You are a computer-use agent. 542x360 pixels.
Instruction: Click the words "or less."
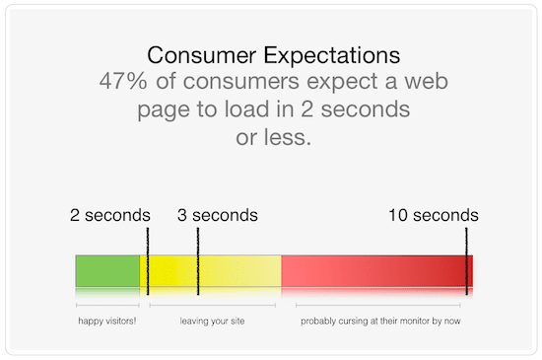[x=272, y=137]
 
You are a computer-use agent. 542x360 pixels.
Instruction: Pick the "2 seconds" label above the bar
[x=110, y=215]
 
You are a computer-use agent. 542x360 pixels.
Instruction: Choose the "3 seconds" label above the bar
[x=217, y=215]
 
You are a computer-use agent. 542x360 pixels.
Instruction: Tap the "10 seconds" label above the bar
[x=433, y=215]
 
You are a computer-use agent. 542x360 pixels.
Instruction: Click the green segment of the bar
[x=108, y=271]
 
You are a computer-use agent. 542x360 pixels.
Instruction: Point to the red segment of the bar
[x=374, y=271]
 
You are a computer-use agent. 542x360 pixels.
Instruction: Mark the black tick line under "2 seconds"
[x=148, y=261]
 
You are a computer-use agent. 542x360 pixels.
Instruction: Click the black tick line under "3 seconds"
[x=198, y=261]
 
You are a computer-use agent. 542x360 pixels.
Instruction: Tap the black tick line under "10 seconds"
[x=466, y=261]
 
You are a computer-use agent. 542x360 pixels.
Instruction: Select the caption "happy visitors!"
[x=107, y=321]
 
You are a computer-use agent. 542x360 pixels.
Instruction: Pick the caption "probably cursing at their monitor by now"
[x=380, y=321]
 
